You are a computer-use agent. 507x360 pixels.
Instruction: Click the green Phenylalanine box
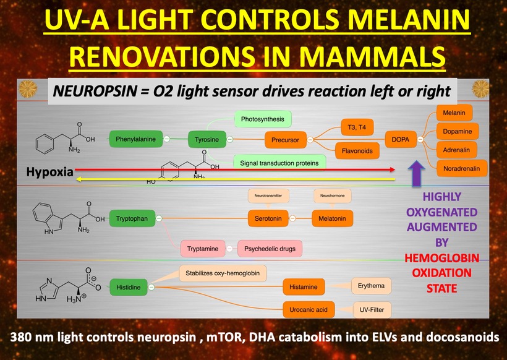(x=135, y=139)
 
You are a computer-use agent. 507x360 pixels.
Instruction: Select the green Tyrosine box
(x=207, y=139)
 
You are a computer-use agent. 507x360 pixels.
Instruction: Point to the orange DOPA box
(x=400, y=140)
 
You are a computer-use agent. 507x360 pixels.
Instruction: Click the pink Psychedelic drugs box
(x=270, y=249)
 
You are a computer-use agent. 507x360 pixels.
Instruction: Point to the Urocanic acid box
(x=309, y=309)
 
